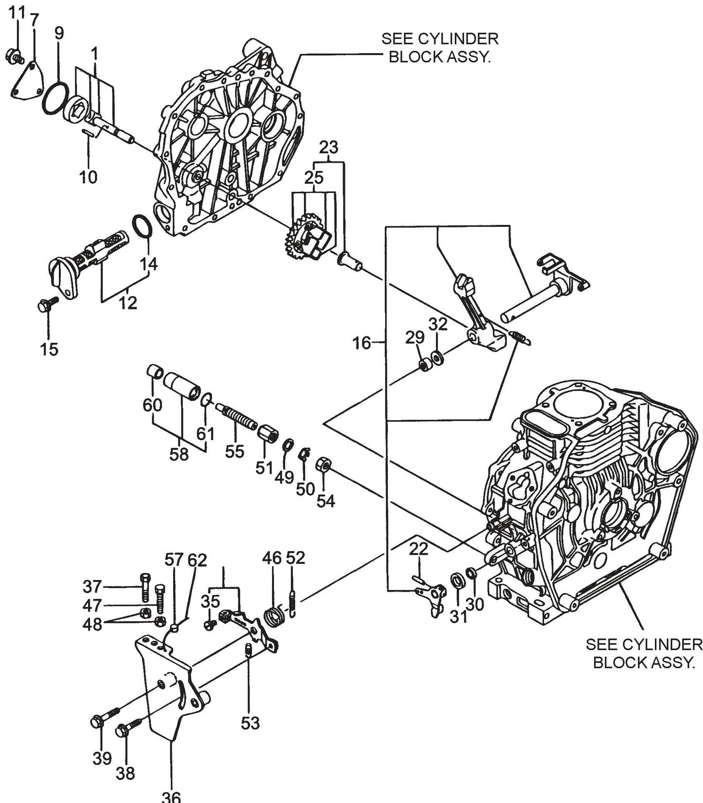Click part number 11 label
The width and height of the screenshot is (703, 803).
[17, 12]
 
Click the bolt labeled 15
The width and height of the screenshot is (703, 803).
[46, 305]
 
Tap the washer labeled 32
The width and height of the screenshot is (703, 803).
[437, 357]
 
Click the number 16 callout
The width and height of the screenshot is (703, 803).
[361, 343]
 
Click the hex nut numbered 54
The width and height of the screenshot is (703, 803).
[324, 464]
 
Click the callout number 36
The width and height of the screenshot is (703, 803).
[171, 796]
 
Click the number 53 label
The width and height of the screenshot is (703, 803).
[251, 723]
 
